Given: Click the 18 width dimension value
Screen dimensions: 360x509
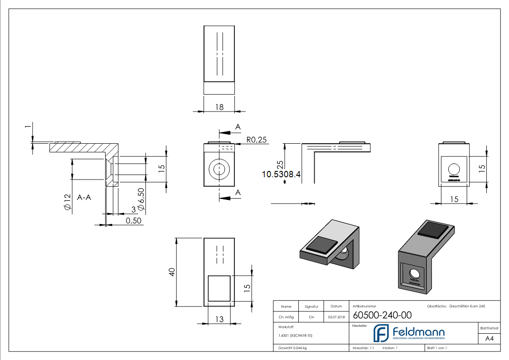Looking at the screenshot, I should coord(219,107).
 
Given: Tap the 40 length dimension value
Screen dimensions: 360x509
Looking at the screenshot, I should coord(172,272).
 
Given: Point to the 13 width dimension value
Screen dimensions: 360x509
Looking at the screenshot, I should coord(219,320).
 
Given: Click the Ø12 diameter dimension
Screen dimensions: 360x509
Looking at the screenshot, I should coord(67,202).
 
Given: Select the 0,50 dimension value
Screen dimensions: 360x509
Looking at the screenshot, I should coord(134,220).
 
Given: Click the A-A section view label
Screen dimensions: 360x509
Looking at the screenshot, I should coord(85,197).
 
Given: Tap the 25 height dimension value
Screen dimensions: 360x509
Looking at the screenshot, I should coord(280,165).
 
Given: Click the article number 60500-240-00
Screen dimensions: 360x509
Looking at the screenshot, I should coord(376,315).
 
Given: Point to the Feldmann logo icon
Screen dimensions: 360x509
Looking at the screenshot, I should coord(381,333).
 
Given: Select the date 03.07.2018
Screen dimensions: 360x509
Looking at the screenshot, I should coord(336,317).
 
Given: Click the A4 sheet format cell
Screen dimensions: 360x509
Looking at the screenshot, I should coord(489,338).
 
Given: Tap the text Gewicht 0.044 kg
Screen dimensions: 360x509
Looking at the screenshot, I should coord(292,348).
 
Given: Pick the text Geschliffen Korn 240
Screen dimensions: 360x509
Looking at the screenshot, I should coord(467,306).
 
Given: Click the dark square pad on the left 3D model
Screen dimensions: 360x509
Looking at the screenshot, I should coord(322,245).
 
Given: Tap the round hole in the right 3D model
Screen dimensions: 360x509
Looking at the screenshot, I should coord(414,273).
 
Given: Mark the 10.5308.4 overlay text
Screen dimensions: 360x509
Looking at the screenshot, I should coord(281,174).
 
